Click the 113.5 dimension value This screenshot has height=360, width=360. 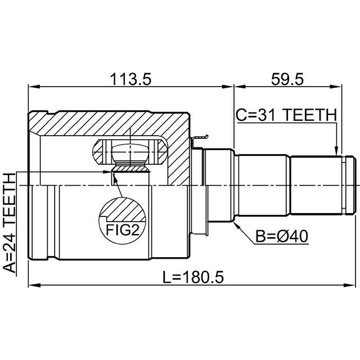coord(130,79)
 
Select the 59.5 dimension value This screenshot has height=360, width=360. coord(287,79)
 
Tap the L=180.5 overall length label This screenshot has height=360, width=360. coord(193,277)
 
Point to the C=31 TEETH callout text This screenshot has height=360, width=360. coord(286,115)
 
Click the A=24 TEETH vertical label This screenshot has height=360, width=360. coord(10,223)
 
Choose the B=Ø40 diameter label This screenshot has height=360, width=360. coord(282,236)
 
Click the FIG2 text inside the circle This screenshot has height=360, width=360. coord(123,230)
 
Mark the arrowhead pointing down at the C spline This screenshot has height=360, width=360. coord(336,151)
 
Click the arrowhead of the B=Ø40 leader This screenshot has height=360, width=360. coord(236,225)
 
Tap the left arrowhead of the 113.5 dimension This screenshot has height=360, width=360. coord(34,87)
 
